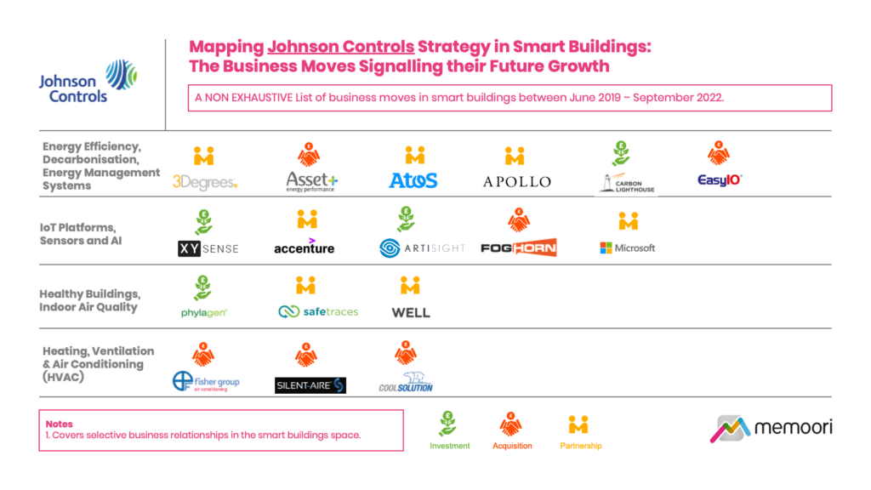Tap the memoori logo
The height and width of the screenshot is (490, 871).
tap(771, 428)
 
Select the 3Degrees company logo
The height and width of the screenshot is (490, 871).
tap(204, 181)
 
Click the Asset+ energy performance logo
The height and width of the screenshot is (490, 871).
tap(311, 181)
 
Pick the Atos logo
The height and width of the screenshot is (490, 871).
tap(413, 180)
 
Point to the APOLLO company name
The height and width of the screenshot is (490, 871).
tap(516, 181)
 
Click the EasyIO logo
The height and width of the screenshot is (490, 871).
tap(720, 180)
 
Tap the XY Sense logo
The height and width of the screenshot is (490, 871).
tap(208, 248)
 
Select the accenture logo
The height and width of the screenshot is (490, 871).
tap(305, 248)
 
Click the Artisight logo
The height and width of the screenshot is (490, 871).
tap(422, 248)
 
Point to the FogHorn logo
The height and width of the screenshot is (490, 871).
tap(518, 248)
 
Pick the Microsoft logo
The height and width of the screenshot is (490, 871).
tap(628, 248)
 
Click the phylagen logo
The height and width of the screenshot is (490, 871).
tap(204, 312)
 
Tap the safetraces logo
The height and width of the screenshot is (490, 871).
tap(318, 312)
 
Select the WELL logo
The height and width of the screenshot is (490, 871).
tap(411, 312)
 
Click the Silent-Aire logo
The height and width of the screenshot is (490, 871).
tap(310, 385)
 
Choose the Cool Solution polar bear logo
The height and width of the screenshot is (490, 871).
tap(407, 382)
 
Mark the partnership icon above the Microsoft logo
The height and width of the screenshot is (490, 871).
tap(628, 221)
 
